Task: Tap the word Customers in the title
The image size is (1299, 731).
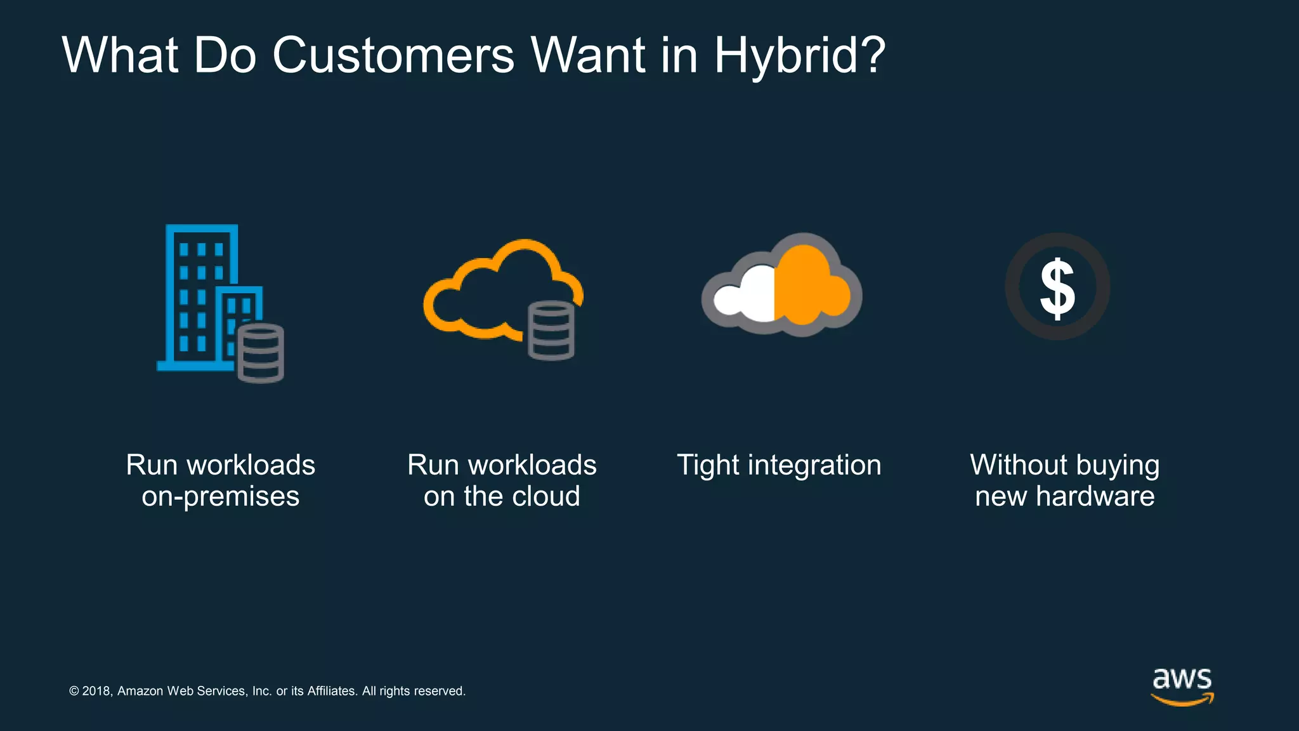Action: [393, 56]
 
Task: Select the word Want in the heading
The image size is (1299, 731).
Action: [588, 56]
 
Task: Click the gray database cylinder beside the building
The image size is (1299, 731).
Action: [261, 353]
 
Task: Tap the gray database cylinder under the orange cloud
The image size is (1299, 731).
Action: [551, 331]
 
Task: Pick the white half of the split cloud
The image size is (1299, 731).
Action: [748, 295]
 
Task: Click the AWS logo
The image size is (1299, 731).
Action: [1182, 686]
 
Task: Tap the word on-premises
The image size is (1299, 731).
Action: [220, 496]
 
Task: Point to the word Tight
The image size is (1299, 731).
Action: [708, 465]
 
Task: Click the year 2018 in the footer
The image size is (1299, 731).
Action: [96, 691]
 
